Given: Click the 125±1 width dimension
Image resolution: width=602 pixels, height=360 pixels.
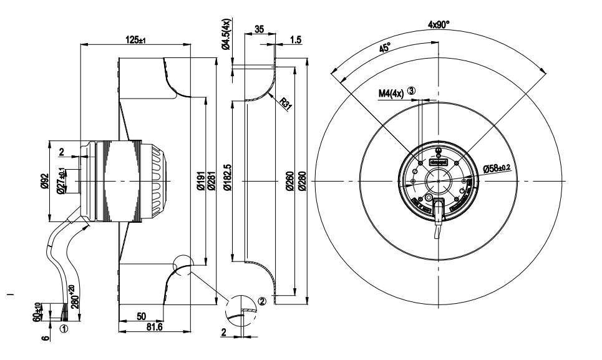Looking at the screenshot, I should (x=136, y=40).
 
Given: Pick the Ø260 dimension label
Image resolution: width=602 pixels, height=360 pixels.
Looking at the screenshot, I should (x=291, y=182).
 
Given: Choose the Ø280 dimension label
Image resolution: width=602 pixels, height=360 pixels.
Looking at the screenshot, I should (x=302, y=182).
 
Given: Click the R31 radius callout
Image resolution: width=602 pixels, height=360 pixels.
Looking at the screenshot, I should (x=286, y=104).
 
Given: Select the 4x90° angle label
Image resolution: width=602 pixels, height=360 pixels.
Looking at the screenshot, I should (x=439, y=25).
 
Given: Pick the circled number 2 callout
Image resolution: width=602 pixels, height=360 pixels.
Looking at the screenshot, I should (x=262, y=301).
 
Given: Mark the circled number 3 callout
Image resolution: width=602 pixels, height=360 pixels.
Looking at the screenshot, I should (x=411, y=91).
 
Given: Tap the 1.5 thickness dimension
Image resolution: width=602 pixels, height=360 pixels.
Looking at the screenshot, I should (x=296, y=40).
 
